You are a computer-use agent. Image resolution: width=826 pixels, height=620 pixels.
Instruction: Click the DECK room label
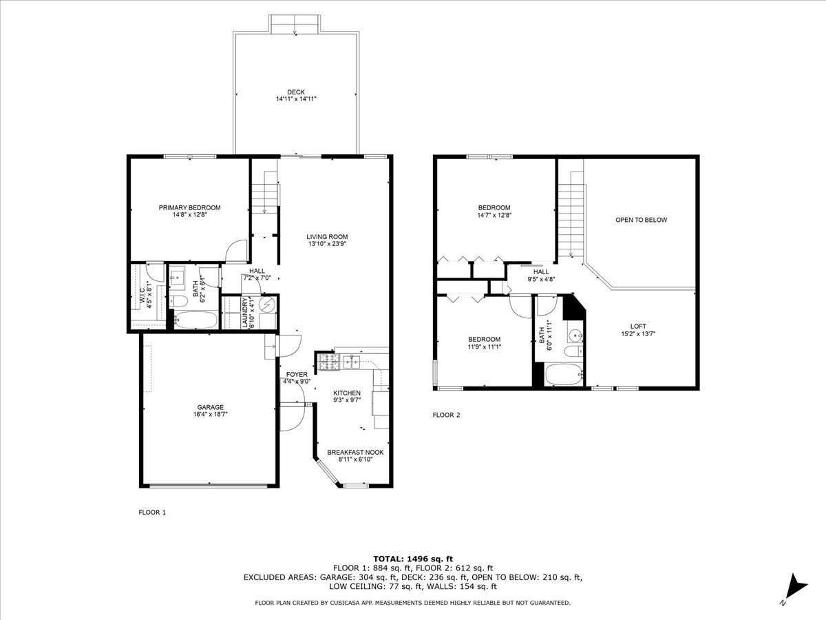point(296,92)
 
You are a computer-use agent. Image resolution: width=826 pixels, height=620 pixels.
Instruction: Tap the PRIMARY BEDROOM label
point(190,207)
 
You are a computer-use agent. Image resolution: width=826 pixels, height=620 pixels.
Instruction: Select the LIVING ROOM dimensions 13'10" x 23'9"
point(327,244)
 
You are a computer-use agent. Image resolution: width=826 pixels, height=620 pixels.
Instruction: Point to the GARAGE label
point(211,407)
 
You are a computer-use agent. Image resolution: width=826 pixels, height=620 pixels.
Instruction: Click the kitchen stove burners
point(329,362)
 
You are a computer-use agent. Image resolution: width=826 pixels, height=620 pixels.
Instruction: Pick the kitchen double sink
point(351,362)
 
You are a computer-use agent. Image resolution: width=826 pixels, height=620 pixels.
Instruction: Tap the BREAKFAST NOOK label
point(355,452)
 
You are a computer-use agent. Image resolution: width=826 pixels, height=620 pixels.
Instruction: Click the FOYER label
point(297,374)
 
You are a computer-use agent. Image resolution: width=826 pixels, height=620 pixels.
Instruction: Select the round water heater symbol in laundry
point(268,304)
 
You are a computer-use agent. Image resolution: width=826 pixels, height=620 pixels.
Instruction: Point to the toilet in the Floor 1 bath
point(179,301)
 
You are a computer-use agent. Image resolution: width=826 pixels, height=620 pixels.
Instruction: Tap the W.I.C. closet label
point(142,295)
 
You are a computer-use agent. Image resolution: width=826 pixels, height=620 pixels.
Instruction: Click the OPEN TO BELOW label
point(642,220)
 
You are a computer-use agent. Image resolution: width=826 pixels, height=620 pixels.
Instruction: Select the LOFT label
point(638,327)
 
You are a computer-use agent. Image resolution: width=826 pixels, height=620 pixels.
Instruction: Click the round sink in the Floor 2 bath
point(575,335)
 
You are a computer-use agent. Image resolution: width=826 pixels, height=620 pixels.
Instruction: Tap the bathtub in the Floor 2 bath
point(563,375)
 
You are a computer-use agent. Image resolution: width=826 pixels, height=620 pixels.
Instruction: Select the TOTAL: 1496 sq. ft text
point(413,559)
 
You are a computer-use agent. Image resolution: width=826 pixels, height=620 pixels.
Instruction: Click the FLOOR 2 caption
point(446,415)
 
